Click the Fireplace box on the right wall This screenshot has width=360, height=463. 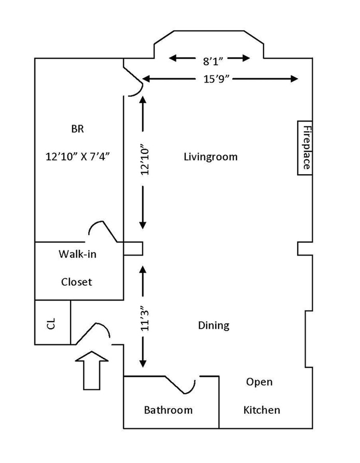305,148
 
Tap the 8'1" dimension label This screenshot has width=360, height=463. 213,61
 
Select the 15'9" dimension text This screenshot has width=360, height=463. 216,79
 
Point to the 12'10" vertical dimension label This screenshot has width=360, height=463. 145,159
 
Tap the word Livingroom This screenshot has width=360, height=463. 211,157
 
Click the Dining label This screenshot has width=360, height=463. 214,326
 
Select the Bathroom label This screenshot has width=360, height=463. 168,410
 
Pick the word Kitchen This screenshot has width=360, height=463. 261,410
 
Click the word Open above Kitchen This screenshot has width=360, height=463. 259,382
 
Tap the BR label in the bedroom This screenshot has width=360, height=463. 77,129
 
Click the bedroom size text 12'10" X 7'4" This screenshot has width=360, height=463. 77,156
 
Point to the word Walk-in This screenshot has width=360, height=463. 77,254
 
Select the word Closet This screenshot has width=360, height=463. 76,282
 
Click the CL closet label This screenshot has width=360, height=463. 51,324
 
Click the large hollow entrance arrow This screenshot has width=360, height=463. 92,370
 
